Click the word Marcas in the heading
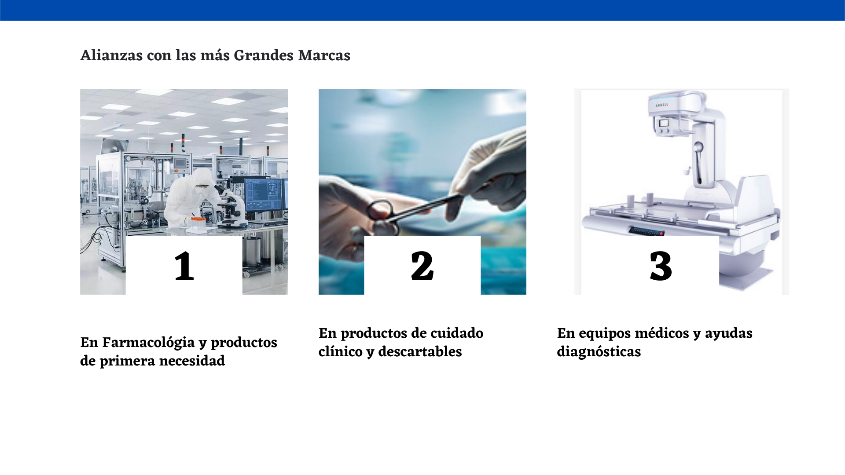coord(324,55)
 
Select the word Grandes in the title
coord(263,55)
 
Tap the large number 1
coord(184,266)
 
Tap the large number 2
coord(422,266)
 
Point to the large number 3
coord(661,266)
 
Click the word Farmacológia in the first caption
coord(148,343)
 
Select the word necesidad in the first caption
coord(192,361)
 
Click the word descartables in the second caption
coord(420,352)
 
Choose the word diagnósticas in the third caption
coord(599,352)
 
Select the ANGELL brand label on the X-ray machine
coord(661,105)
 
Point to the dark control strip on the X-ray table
coord(646,231)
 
